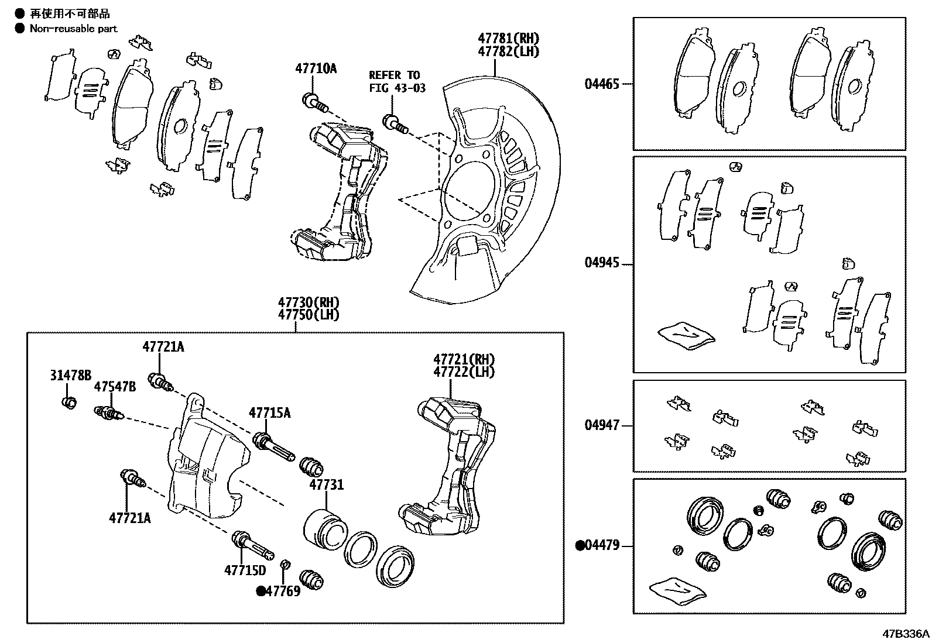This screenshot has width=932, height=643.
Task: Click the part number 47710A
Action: pyautogui.click(x=316, y=69)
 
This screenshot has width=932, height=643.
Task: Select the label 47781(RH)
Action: pyautogui.click(x=508, y=39)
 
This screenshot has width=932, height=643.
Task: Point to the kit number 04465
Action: pyautogui.click(x=601, y=84)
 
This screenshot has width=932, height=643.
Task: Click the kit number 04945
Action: pyautogui.click(x=601, y=263)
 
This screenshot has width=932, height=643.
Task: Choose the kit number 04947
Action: pyautogui.click(x=601, y=425)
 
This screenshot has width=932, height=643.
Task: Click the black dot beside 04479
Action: pyautogui.click(x=580, y=546)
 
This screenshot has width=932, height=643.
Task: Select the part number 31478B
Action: pyautogui.click(x=70, y=375)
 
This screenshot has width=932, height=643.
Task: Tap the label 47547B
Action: pyautogui.click(x=115, y=387)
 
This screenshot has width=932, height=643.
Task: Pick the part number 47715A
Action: pyautogui.click(x=269, y=413)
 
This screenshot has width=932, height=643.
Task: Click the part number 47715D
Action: pyautogui.click(x=245, y=569)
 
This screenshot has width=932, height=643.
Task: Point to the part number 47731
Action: pyautogui.click(x=326, y=485)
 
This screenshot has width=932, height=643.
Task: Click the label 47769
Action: pyautogui.click(x=283, y=591)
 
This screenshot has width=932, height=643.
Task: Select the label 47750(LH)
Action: pyautogui.click(x=309, y=314)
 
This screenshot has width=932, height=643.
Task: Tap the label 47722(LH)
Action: pyautogui.click(x=463, y=372)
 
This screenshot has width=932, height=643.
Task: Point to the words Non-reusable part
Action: pyautogui.click(x=74, y=28)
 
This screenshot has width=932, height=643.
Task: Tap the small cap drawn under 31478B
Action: pyautogui.click(x=69, y=402)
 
